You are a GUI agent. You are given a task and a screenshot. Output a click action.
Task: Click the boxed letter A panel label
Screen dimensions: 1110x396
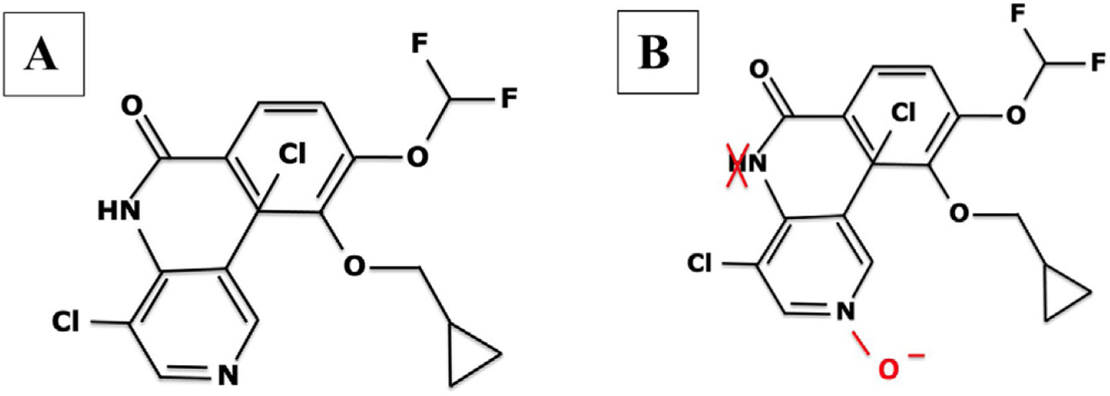pos(42,54)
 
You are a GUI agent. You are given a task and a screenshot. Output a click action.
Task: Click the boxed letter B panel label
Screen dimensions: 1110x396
pos(655,52)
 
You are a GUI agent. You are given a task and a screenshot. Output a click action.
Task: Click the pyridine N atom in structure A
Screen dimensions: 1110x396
pos(228,376)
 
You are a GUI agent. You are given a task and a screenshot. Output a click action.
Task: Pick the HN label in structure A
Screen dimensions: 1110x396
pos(119,211)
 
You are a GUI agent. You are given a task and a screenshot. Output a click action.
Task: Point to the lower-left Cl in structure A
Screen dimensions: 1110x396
pos(66,323)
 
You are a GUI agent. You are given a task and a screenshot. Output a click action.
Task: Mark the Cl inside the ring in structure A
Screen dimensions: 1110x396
pos(291,155)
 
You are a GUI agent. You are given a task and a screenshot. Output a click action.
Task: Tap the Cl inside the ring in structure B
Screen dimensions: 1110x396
pos(903,114)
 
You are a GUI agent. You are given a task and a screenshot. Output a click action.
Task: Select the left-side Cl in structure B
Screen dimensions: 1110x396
pos(700,263)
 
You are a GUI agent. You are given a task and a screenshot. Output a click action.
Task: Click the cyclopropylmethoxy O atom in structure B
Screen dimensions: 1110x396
pos(958,212)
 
